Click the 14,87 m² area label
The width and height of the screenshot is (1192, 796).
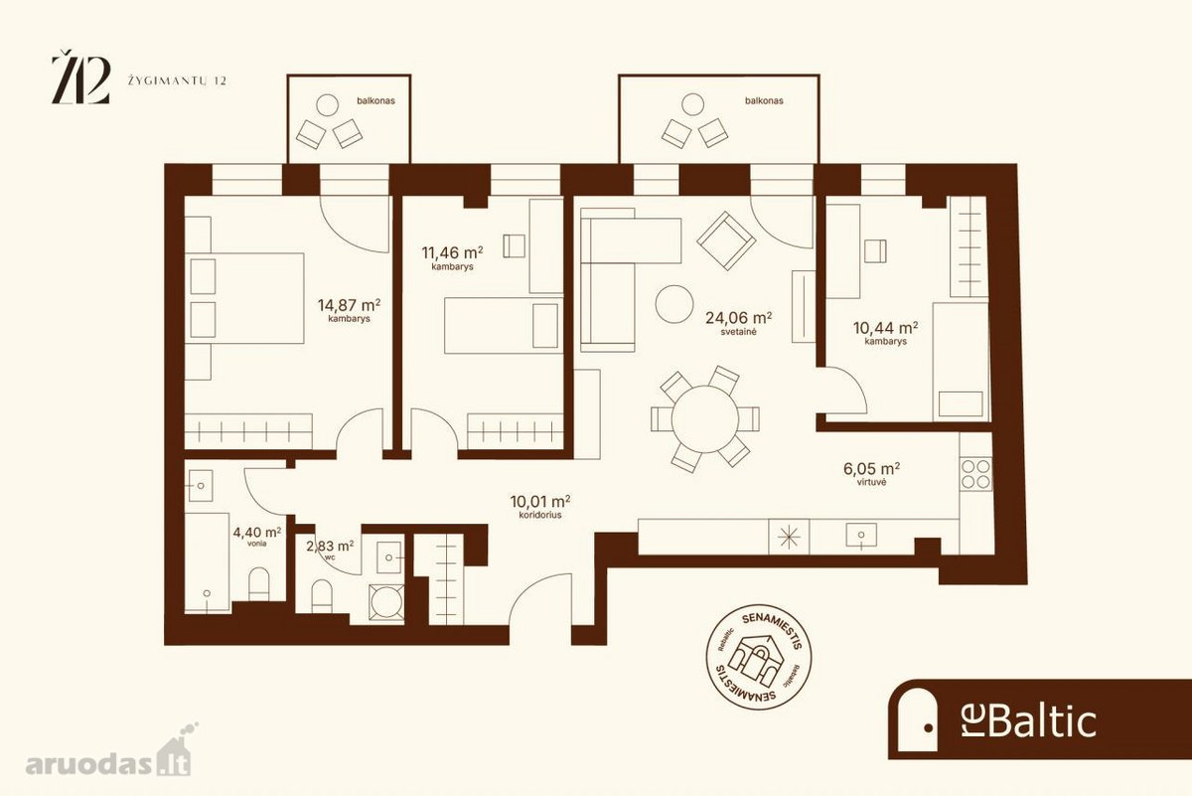pos(349,311)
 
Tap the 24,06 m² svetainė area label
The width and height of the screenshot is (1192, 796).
pos(739,323)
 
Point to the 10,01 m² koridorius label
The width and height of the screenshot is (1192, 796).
pos(540,507)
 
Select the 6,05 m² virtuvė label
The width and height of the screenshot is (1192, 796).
pos(872,474)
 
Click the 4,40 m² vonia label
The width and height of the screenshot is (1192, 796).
pos(257,537)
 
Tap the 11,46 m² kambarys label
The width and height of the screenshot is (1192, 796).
pos(452,257)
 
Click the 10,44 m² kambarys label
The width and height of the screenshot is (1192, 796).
pos(885,333)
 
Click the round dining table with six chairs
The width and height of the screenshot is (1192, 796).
pos(705,419)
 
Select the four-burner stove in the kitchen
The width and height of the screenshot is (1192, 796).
pos(975,474)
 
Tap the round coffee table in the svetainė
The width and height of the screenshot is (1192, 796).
pos(674,304)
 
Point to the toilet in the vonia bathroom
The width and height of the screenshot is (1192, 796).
pos(259,584)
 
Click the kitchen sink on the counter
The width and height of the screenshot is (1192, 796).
pos(861,535)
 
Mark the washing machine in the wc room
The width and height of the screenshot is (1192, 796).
pos(386,602)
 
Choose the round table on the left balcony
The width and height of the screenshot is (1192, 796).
pos(327,105)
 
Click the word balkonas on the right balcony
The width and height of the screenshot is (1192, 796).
pos(764,100)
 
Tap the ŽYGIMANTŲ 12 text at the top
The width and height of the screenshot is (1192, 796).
pos(177,80)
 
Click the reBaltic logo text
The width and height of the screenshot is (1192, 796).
pos(1029,721)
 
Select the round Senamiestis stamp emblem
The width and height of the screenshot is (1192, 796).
pos(758,658)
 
